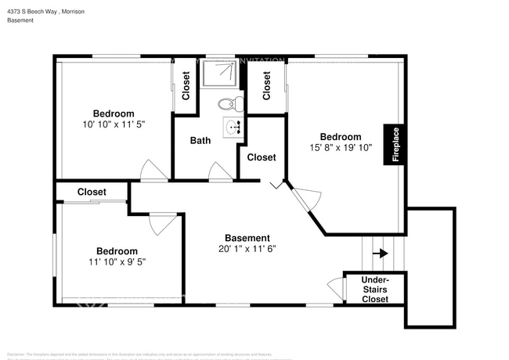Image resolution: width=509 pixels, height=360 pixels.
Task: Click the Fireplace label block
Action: pyautogui.click(x=395, y=144)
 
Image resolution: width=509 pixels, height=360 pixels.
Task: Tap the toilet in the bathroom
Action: pyautogui.click(x=228, y=103)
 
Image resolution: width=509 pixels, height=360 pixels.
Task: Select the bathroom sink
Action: pyautogui.click(x=233, y=127)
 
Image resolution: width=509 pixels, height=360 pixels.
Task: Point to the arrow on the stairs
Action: pyautogui.click(x=381, y=253)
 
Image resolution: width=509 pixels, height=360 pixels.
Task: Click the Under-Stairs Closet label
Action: pyautogui.click(x=375, y=289)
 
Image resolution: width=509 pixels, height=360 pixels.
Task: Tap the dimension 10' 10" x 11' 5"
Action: pyautogui.click(x=114, y=124)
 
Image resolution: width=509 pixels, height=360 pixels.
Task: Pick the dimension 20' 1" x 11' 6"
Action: pyautogui.click(x=247, y=249)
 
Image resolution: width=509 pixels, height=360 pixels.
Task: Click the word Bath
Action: pyautogui.click(x=200, y=141)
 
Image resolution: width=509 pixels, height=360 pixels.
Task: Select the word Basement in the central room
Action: pyautogui.click(x=247, y=238)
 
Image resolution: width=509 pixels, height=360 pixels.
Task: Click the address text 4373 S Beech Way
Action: pyautogui.click(x=46, y=12)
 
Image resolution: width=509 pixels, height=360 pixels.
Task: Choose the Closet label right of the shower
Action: pyautogui.click(x=267, y=85)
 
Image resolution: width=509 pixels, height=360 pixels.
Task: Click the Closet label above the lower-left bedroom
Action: pyautogui.click(x=92, y=192)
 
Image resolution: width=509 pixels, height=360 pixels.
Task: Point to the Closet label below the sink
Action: pyautogui.click(x=262, y=157)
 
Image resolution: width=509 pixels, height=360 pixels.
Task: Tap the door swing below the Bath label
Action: pyautogui.click(x=221, y=172)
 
